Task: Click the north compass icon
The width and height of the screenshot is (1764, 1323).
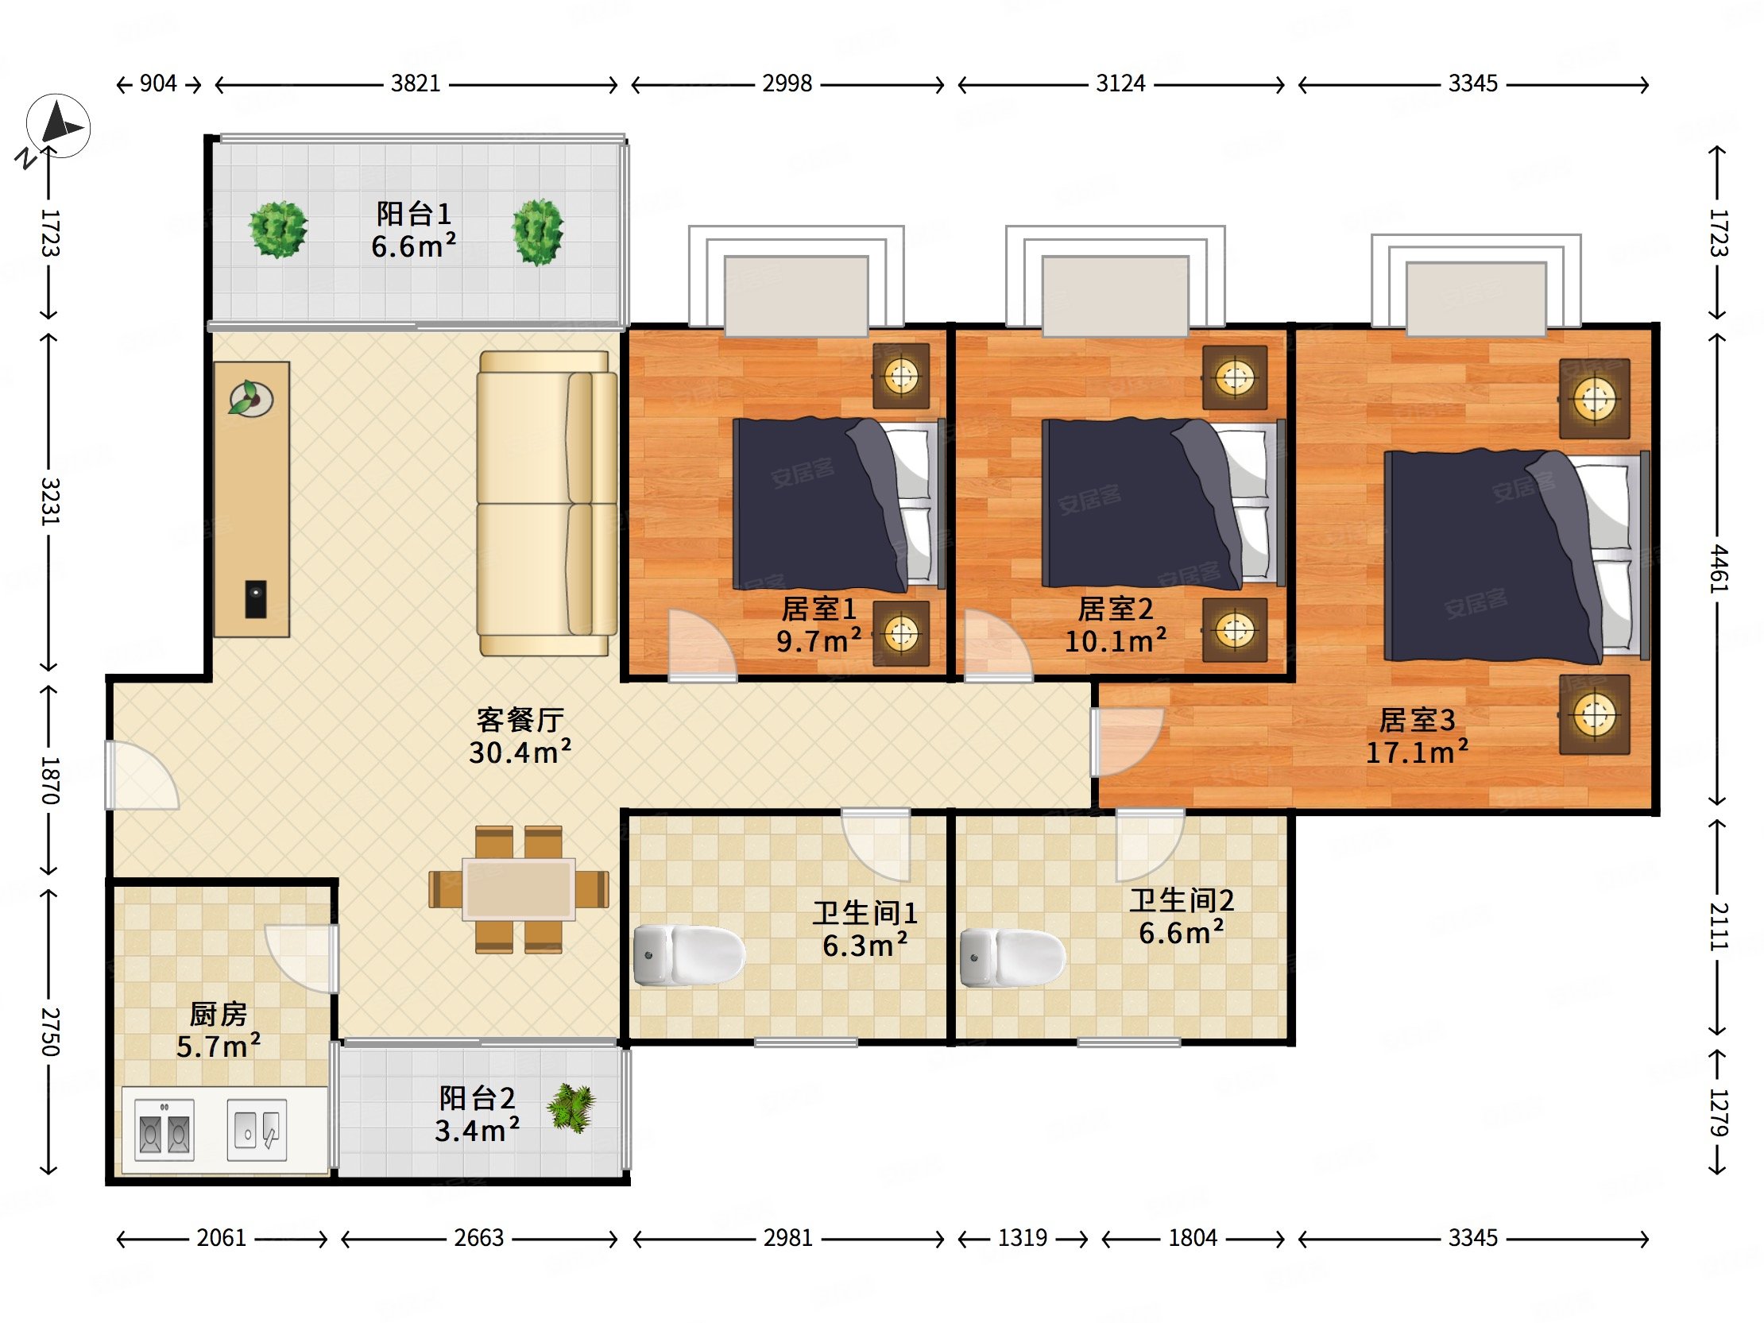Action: coord(58,126)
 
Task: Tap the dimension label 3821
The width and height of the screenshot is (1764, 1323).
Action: coord(416,83)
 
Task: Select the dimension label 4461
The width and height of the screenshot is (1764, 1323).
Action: coord(1718,569)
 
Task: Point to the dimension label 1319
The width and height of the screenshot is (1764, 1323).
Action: coord(1023,1238)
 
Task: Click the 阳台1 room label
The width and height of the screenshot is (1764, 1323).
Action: coord(414,214)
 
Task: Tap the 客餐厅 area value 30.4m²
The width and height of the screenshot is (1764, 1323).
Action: coord(520,752)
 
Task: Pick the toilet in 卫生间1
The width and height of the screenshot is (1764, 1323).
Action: coord(689,954)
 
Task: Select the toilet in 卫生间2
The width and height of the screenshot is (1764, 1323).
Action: coord(1013,957)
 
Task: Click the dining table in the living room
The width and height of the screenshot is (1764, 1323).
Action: coord(519,889)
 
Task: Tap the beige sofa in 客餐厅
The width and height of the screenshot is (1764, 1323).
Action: coord(547,503)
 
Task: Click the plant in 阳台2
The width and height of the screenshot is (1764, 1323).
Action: coord(572,1108)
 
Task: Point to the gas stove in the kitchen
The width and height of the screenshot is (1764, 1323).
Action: coord(164,1129)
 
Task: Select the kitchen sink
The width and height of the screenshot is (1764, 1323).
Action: coord(257,1129)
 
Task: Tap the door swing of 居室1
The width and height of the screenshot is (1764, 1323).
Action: coord(702,645)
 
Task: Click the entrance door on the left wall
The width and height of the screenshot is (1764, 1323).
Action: coord(141,776)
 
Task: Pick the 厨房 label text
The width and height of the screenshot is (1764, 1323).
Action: coord(218,1015)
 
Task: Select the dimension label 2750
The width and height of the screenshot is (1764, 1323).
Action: coord(50,1032)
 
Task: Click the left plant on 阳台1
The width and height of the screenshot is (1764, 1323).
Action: coord(277,230)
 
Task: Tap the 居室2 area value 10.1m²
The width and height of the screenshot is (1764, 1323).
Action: coord(1116,641)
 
